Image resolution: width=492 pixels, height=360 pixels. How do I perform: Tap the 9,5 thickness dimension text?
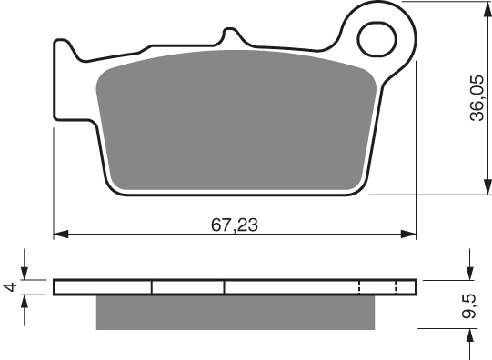[x=470, y=306]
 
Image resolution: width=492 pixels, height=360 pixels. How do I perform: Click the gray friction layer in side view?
[x=236, y=313]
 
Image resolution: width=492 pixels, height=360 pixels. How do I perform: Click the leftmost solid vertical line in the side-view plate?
[x=151, y=287]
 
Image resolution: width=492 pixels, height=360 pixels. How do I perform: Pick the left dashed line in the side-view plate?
[x=360, y=287]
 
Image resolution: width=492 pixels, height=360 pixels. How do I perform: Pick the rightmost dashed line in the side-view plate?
[x=397, y=287]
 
